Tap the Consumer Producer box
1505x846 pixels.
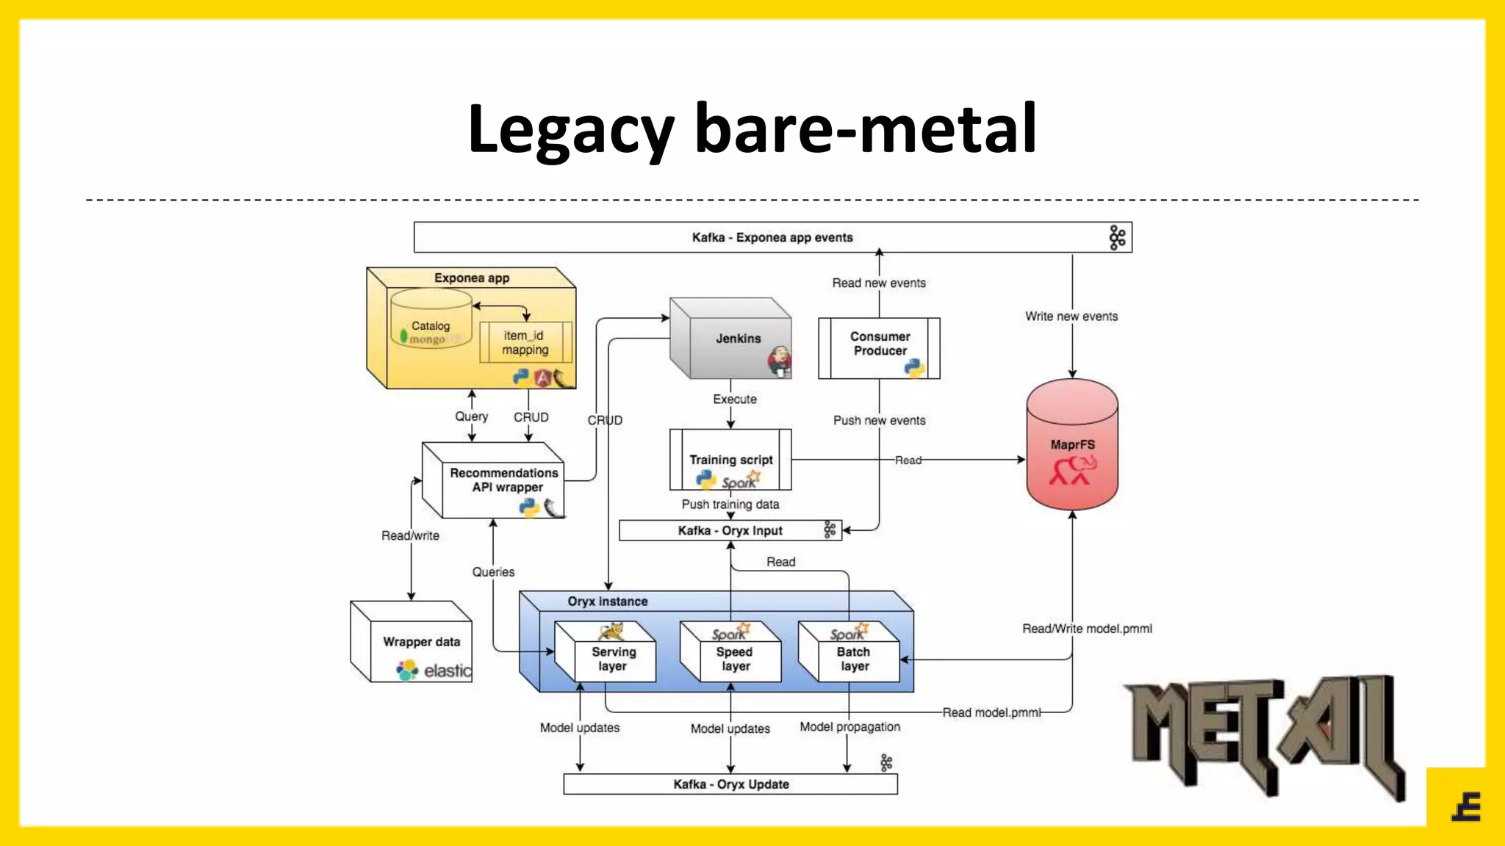pos(879,348)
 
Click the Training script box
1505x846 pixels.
pos(730,460)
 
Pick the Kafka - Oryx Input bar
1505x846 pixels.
pos(730,530)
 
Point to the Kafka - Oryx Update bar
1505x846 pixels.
pos(730,784)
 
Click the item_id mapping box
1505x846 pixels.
pos(525,342)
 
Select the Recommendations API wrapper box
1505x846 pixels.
pos(503,480)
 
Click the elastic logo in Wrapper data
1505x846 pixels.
pos(434,670)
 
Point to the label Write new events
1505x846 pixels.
pos(1071,317)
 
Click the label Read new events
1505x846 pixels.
pos(879,283)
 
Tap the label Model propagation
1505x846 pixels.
pos(850,727)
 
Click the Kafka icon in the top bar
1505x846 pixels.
pos(1117,237)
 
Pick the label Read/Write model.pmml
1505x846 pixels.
pos(1087,629)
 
